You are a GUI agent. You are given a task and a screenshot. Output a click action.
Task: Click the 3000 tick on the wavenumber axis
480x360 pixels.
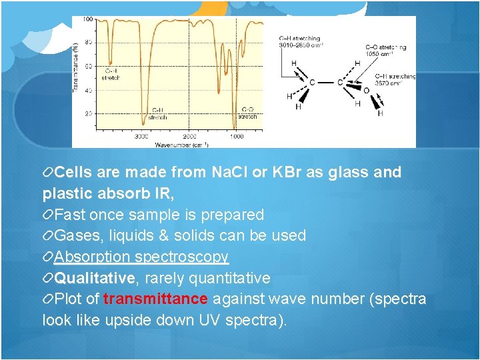[x=142, y=136]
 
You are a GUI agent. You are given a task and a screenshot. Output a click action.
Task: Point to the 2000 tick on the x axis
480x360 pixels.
[x=190, y=136]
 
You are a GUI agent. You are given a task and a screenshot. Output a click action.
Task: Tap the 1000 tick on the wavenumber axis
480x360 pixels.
[x=237, y=136]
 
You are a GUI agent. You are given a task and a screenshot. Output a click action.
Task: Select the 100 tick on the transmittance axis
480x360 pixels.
[x=87, y=19]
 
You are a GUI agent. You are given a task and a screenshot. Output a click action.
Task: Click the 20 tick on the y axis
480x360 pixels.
[x=89, y=114]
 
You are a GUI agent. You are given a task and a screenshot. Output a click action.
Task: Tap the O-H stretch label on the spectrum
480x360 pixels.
[x=111, y=73]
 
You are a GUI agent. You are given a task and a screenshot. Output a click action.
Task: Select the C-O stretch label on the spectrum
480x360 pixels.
[x=247, y=113]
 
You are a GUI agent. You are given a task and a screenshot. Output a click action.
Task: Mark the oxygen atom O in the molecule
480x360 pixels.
[x=365, y=90]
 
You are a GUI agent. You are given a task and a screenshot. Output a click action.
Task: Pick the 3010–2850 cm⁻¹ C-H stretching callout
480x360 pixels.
[x=301, y=42]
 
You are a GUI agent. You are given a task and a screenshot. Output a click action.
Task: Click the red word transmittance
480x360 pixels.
[x=155, y=299]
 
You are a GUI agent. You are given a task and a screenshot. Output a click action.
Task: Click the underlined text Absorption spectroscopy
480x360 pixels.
[x=141, y=257]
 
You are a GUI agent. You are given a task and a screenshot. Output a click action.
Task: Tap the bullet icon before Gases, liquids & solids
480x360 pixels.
[x=47, y=236]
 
